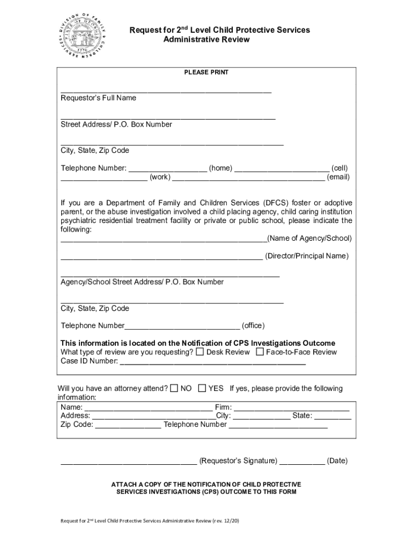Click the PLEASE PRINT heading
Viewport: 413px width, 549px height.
(206, 72)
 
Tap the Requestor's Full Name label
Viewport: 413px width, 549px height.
(98, 98)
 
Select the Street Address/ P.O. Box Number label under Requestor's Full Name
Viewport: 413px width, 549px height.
(116, 124)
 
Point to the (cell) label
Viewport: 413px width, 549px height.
(340, 168)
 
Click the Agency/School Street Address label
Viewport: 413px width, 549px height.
(142, 282)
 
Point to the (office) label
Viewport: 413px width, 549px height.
(253, 326)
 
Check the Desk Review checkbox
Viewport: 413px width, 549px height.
(200, 352)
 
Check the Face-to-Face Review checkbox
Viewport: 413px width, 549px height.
(260, 352)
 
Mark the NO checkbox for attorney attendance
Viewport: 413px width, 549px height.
(174, 388)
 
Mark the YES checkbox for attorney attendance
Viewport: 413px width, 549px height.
(202, 388)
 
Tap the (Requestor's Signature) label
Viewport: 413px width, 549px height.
(238, 461)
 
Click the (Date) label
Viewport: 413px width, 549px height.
(337, 461)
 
